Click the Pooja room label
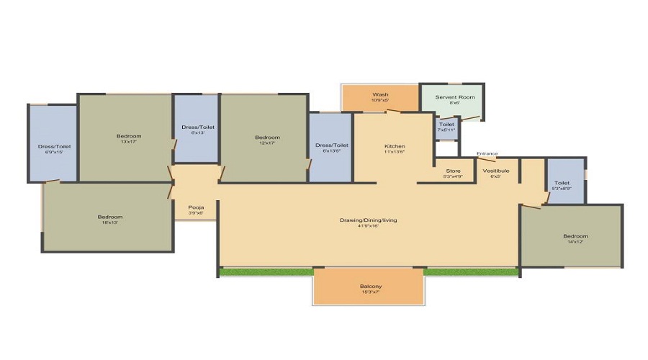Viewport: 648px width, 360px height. tap(196, 207)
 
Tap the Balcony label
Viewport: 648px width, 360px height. tap(370, 287)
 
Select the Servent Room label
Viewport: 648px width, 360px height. tap(455, 96)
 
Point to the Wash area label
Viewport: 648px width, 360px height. tap(380, 94)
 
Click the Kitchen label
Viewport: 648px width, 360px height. tap(395, 146)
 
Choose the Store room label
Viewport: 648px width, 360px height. tap(453, 171)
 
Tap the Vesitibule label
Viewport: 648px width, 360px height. tap(496, 171)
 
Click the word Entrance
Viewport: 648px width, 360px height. tap(487, 153)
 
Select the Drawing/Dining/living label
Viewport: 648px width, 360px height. tap(369, 219)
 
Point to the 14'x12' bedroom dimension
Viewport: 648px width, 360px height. tap(575, 242)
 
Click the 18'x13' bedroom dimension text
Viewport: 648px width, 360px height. tap(110, 222)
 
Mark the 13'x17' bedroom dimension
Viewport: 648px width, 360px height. tap(129, 142)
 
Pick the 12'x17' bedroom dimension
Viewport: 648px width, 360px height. tap(267, 143)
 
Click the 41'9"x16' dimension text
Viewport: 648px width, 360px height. tap(369, 225)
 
